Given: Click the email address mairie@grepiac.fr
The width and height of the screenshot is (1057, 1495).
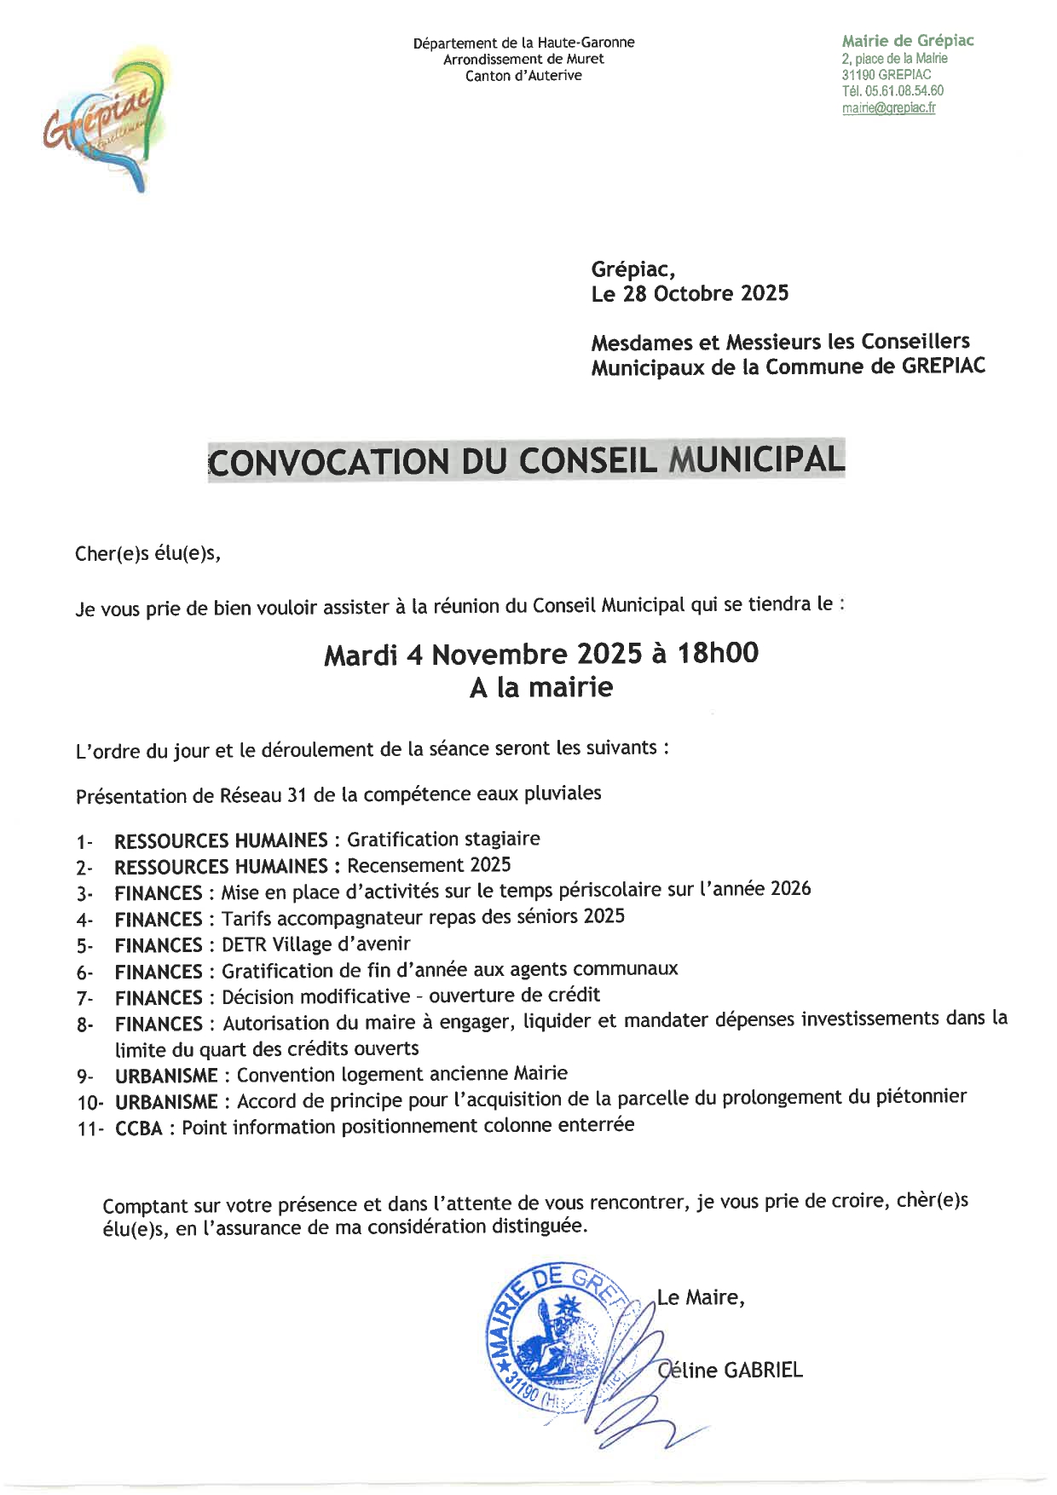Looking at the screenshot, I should click(888, 108).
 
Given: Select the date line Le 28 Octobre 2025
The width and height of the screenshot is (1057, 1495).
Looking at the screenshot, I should click(690, 294).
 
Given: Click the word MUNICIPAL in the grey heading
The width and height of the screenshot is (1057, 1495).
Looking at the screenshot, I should click(757, 460).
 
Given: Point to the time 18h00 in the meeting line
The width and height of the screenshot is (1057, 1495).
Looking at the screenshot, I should click(718, 654).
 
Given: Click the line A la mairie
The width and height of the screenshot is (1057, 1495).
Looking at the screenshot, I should click(540, 687).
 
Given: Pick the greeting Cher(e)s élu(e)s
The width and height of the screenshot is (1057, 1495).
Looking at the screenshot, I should click(148, 553).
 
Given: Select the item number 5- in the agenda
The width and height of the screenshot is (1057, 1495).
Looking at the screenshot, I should click(84, 947).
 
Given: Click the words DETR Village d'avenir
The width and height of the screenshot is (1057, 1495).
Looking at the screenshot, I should click(315, 944).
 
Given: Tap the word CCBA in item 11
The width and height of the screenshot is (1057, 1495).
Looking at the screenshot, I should click(139, 1128).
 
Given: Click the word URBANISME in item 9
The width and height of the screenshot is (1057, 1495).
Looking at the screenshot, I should click(166, 1076).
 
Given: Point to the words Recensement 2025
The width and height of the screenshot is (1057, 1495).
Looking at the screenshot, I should click(429, 865).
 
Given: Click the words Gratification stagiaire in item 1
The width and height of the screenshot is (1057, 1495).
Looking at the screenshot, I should click(443, 839).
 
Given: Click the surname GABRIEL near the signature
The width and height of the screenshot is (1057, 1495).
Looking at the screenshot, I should click(763, 1370).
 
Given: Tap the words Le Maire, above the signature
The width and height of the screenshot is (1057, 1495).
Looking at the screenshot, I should click(701, 1297).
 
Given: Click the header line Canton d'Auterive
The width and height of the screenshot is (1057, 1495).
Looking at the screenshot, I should click(523, 76).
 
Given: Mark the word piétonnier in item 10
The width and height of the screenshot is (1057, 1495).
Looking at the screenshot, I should click(921, 1096).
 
